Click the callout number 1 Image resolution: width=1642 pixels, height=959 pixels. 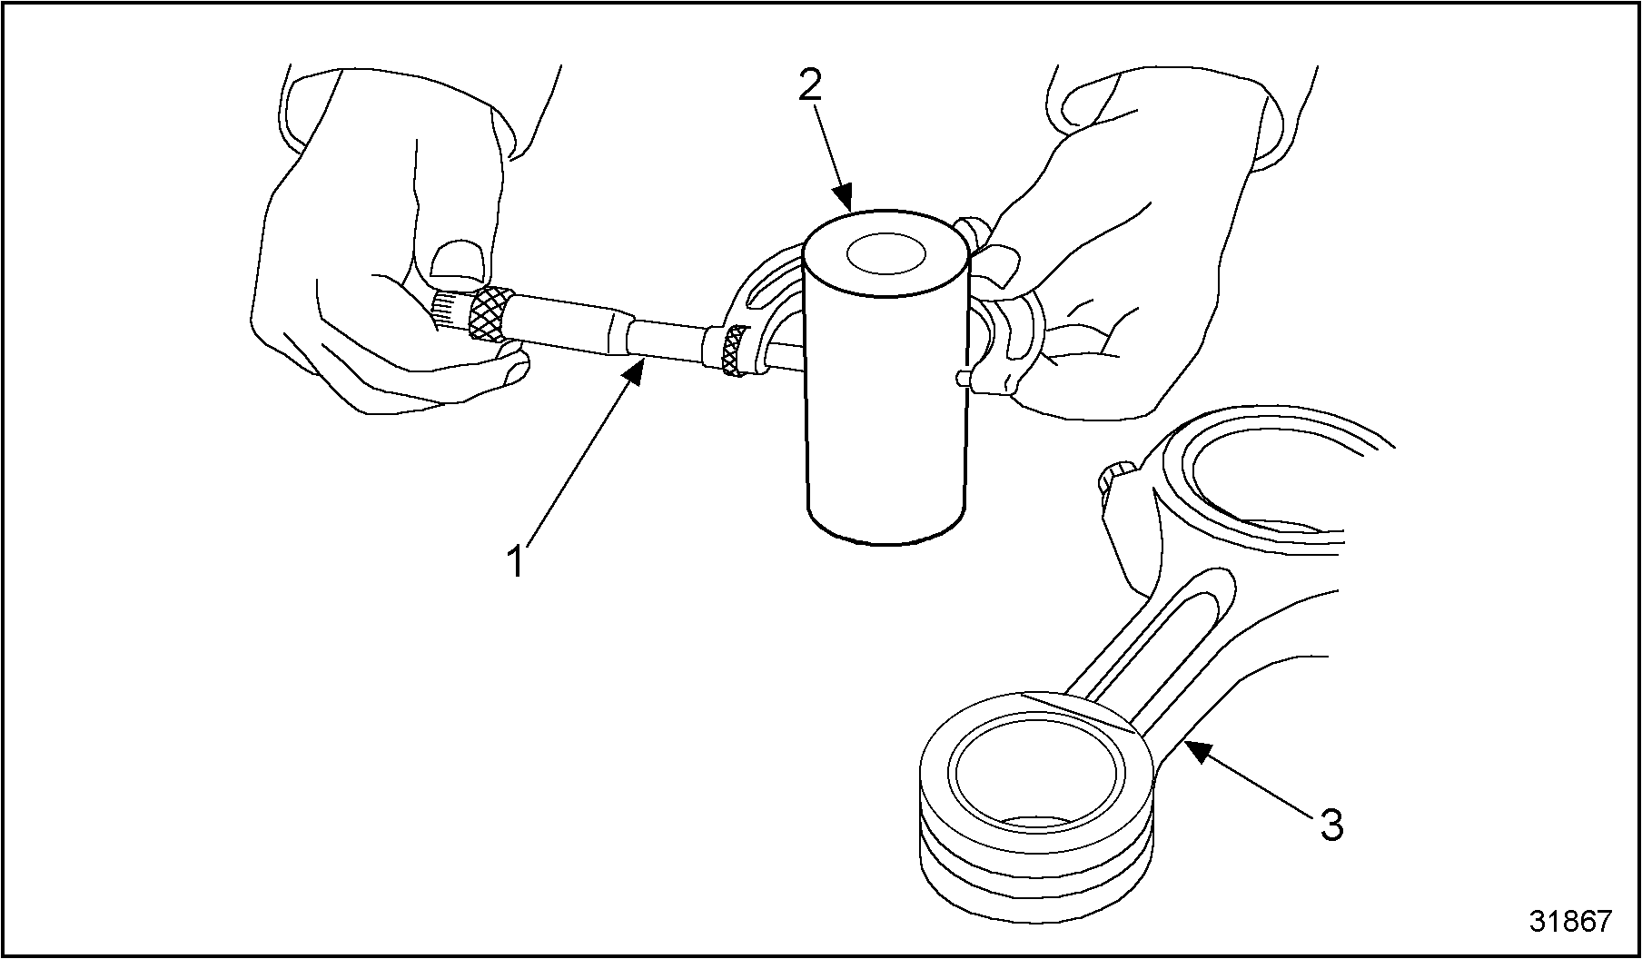point(516,561)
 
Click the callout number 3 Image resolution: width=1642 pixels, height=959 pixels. point(1330,826)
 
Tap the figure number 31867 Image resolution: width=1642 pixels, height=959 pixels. point(1569,921)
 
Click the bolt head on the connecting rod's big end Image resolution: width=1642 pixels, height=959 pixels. point(1115,478)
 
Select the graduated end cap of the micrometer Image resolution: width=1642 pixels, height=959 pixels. point(448,311)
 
